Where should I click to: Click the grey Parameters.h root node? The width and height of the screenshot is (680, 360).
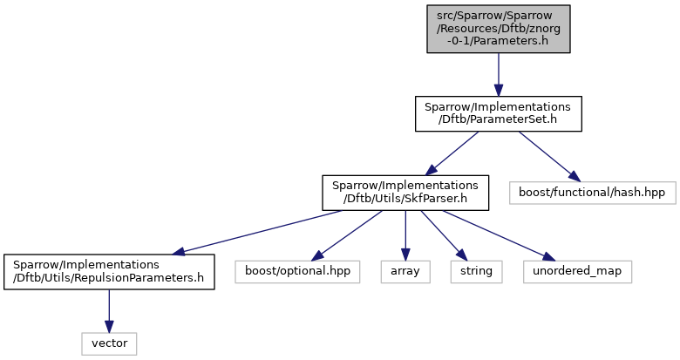pyautogui.click(x=499, y=29)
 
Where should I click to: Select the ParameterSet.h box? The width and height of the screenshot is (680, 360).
pyautogui.click(x=499, y=113)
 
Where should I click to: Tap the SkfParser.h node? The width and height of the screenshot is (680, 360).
pyautogui.click(x=405, y=193)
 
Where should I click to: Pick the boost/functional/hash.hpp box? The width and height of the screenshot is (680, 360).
pyautogui.click(x=592, y=193)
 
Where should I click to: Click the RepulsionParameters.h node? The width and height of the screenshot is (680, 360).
pyautogui.click(x=109, y=272)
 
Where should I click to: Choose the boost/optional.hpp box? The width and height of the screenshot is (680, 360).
pyautogui.click(x=297, y=272)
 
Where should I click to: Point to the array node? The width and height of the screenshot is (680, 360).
pyautogui.click(x=405, y=272)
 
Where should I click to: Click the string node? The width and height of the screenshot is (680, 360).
pyautogui.click(x=476, y=272)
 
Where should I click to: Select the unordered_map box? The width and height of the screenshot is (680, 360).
pyautogui.click(x=577, y=272)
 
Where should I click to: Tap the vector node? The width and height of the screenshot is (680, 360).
pyautogui.click(x=109, y=344)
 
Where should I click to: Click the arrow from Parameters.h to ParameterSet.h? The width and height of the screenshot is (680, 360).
pyautogui.click(x=499, y=75)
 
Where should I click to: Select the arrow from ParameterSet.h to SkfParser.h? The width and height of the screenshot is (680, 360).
pyautogui.click(x=452, y=153)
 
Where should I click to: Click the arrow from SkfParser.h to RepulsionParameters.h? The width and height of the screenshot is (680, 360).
pyautogui.click(x=256, y=233)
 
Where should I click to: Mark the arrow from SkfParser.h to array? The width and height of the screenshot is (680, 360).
pyautogui.click(x=405, y=235)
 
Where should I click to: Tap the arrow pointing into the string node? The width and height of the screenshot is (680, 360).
pyautogui.click(x=441, y=235)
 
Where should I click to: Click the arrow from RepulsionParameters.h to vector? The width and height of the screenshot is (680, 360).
pyautogui.click(x=109, y=311)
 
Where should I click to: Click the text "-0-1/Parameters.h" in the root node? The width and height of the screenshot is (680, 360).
pyautogui.click(x=499, y=41)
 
